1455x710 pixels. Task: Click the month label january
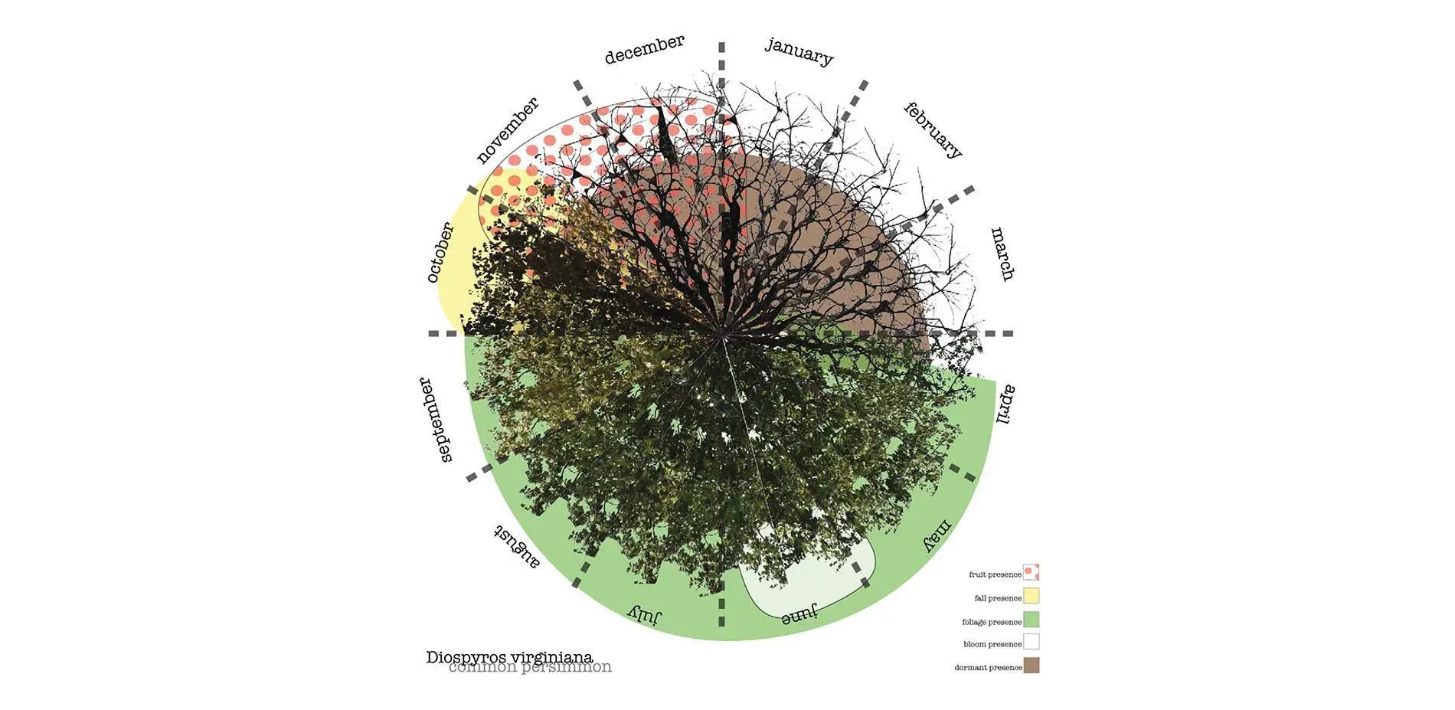tap(799, 51)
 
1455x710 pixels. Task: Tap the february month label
tap(933, 130)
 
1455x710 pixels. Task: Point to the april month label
tap(1005, 404)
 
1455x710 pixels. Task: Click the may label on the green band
tap(937, 535)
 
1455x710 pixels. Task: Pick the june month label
tap(799, 613)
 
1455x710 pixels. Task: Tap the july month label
tap(645, 613)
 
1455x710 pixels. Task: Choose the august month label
tap(516, 546)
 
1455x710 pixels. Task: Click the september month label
tap(436, 420)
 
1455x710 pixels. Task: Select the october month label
tap(440, 252)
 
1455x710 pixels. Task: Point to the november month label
tap(507, 130)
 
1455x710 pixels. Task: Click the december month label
tap(644, 49)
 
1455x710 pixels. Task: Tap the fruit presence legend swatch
tap(1032, 573)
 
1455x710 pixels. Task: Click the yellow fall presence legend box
tap(1032, 596)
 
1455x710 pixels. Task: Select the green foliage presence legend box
tap(1032, 620)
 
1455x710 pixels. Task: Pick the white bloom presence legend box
tap(1032, 642)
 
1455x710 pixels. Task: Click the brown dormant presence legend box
tap(1032, 666)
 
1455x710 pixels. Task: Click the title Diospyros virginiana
tap(509, 657)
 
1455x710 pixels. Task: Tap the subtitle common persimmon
tap(530, 667)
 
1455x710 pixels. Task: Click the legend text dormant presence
tap(988, 668)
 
